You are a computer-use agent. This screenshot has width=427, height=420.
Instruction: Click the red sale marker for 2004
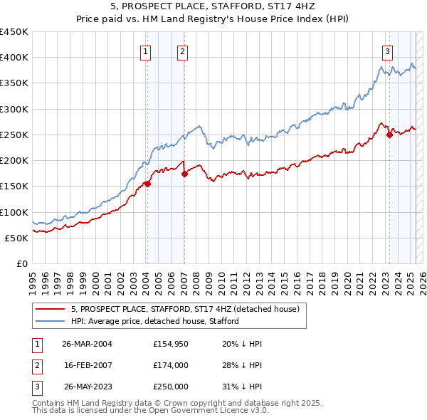click(x=147, y=184)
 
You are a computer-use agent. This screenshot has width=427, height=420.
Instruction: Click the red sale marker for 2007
click(x=184, y=174)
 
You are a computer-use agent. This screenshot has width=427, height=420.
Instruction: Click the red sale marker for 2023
click(x=389, y=135)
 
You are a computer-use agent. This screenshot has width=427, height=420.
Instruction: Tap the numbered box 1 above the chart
click(x=145, y=51)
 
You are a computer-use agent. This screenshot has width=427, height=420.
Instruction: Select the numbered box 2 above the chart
click(x=183, y=51)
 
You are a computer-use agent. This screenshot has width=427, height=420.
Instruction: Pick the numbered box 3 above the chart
click(x=387, y=51)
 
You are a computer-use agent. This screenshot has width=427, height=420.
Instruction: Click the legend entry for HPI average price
click(x=154, y=321)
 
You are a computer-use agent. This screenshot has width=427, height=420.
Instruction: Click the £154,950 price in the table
click(x=171, y=344)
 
